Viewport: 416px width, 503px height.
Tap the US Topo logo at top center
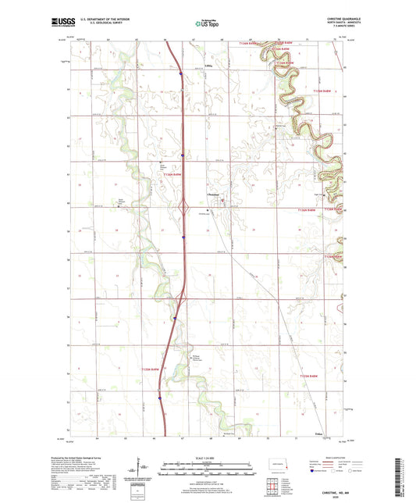click(208, 23)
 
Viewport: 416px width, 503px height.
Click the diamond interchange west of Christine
click(185, 209)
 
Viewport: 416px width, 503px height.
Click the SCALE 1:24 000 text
click(208, 456)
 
